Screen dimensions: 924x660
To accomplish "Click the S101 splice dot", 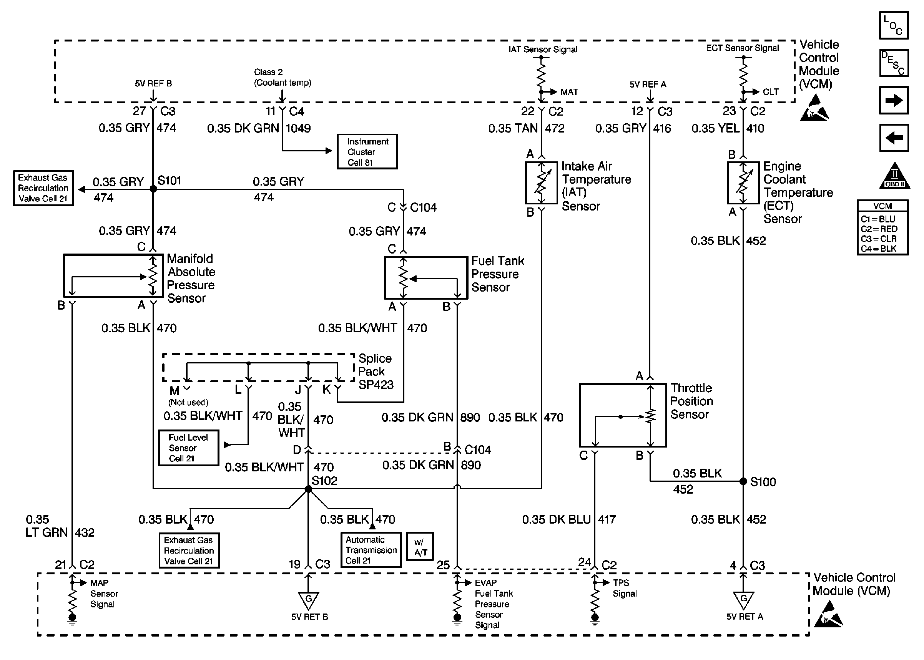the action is pyautogui.click(x=153, y=189).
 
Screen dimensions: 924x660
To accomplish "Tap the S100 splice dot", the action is pyautogui.click(x=743, y=481).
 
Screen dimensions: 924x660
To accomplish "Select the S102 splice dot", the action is pyautogui.click(x=308, y=489).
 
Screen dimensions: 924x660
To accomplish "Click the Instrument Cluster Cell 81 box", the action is pyautogui.click(x=367, y=152).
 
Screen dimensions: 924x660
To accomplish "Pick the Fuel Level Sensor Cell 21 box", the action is pyautogui.click(x=189, y=448).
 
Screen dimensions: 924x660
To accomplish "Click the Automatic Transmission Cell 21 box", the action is pyautogui.click(x=371, y=550).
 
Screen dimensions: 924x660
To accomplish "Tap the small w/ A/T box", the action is pyautogui.click(x=420, y=547).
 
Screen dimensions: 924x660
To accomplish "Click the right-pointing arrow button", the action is pyautogui.click(x=894, y=100).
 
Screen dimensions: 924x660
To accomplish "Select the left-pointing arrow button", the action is pyautogui.click(x=894, y=138).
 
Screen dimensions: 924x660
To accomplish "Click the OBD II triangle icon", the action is pyautogui.click(x=895, y=176).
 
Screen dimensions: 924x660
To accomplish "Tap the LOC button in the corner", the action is pyautogui.click(x=894, y=26).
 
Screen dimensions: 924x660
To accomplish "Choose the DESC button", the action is pyautogui.click(x=894, y=63).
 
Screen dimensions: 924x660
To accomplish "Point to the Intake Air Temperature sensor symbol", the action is pyautogui.click(x=541, y=183).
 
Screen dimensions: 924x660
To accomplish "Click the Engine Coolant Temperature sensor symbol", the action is pyautogui.click(x=743, y=183).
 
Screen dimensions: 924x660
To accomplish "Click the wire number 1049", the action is pyautogui.click(x=298, y=128).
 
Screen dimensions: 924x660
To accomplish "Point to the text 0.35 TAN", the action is pyautogui.click(x=513, y=128).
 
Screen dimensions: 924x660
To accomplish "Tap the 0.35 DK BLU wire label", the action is pyautogui.click(x=556, y=519).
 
